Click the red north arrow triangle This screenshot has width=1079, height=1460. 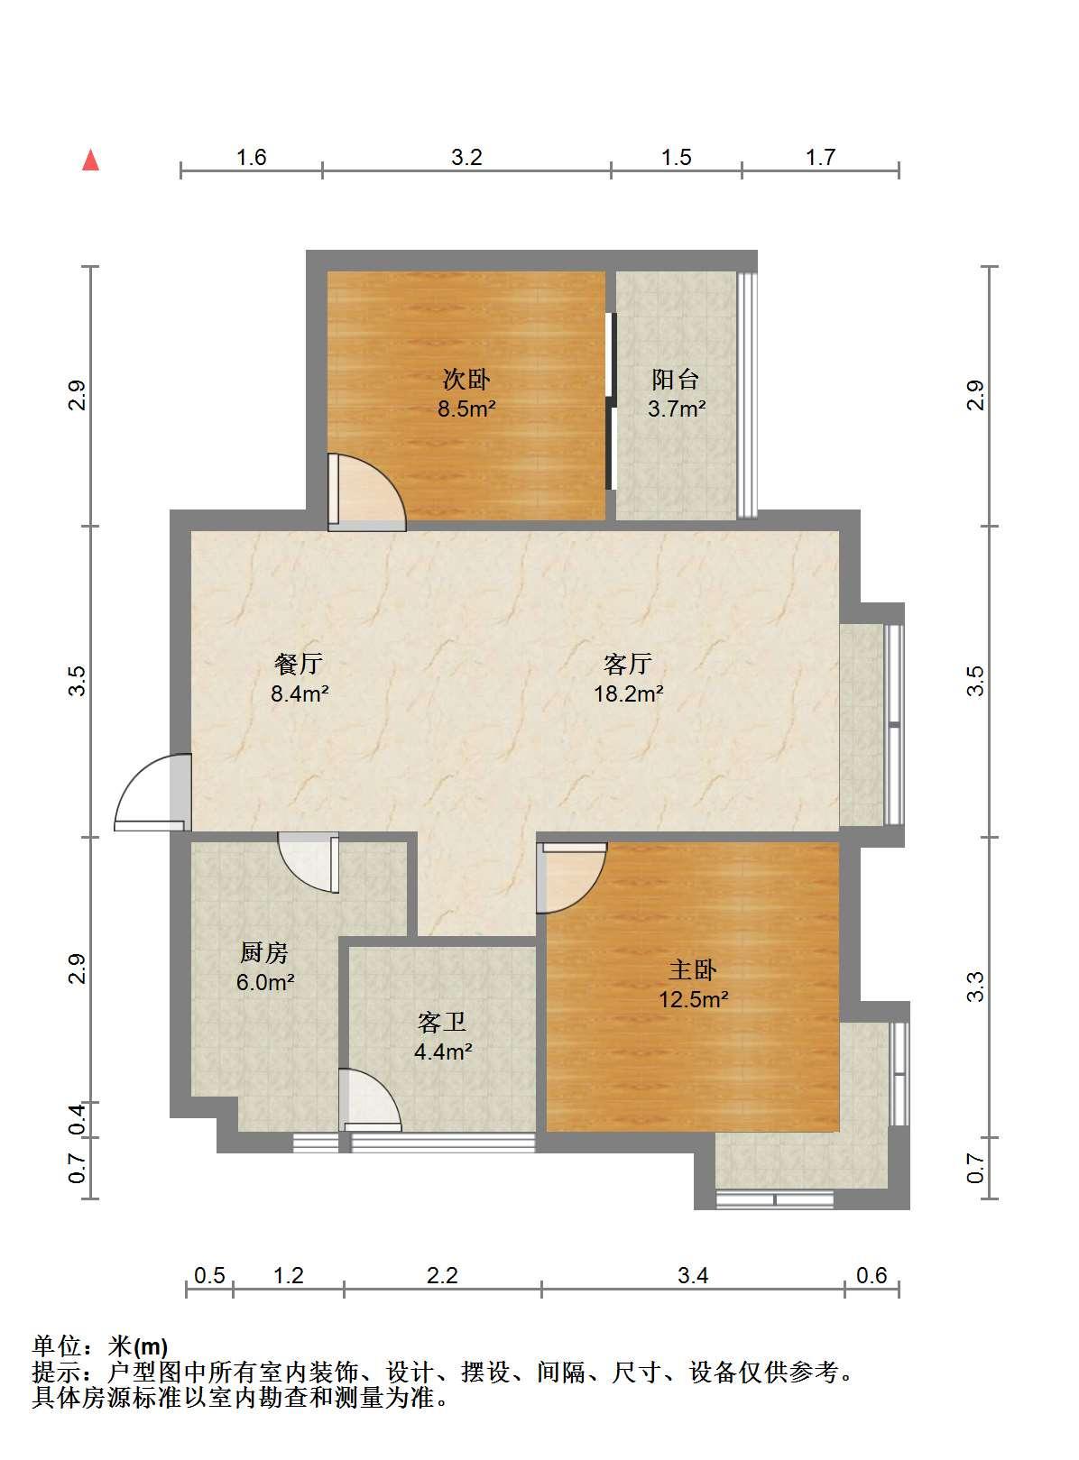pyautogui.click(x=90, y=161)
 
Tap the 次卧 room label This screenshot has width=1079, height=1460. pyautogui.click(x=466, y=379)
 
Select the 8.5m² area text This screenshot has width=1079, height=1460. pyautogui.click(x=466, y=409)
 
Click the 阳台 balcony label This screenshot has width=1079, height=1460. pyautogui.click(x=675, y=379)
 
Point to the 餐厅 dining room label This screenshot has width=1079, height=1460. pyautogui.click(x=299, y=664)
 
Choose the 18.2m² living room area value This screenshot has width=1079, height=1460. pyautogui.click(x=629, y=693)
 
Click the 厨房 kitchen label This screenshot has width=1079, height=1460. pyautogui.click(x=263, y=951)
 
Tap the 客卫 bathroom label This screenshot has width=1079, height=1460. pyautogui.click(x=441, y=1022)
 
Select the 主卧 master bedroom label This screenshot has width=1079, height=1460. pyautogui.click(x=692, y=969)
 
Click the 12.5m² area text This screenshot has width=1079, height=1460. pyautogui.click(x=694, y=999)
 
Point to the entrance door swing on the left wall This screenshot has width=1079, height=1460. pyautogui.click(x=152, y=792)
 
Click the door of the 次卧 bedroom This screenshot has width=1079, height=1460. pyautogui.click(x=367, y=491)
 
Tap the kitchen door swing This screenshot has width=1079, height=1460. pyautogui.click(x=309, y=862)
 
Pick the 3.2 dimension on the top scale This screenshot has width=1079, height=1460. pyautogui.click(x=466, y=157)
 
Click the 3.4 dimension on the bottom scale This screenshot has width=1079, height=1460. pyautogui.click(x=693, y=1276)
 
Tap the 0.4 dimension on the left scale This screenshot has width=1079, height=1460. pyautogui.click(x=77, y=1119)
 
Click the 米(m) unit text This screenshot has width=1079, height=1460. pyautogui.click(x=138, y=1344)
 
